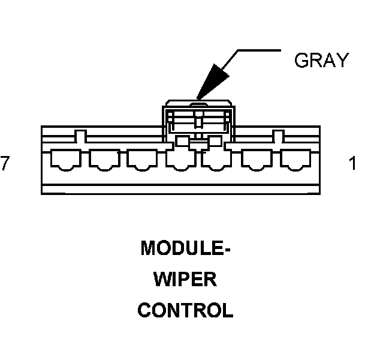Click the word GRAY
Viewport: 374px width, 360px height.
321,60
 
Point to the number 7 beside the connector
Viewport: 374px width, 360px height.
5,163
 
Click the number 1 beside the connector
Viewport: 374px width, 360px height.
352,163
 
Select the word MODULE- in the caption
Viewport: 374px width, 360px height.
185,248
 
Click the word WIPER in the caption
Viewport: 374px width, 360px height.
185,280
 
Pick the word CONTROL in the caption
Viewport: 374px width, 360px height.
185,311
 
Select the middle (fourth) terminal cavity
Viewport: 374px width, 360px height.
180,160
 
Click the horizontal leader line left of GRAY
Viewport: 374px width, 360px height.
258,50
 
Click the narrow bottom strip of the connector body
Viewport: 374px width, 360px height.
180,190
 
